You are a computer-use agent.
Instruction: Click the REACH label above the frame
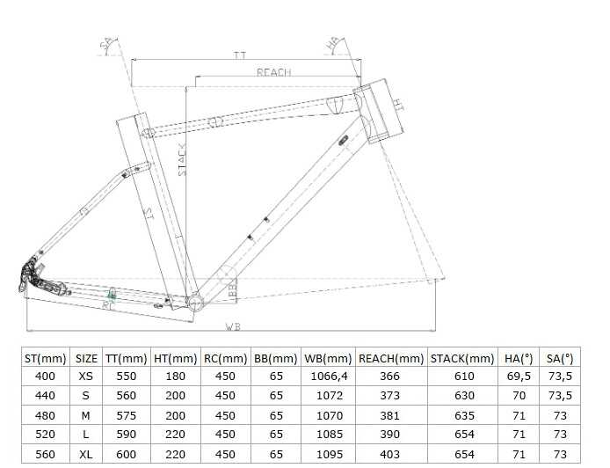click(273, 72)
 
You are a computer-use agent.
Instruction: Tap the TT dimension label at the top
click(239, 55)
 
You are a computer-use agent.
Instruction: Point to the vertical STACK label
click(182, 160)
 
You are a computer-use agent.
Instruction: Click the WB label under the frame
click(232, 326)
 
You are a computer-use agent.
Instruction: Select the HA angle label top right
click(332, 42)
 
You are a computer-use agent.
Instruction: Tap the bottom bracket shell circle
click(195, 304)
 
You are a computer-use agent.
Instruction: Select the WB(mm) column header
click(327, 358)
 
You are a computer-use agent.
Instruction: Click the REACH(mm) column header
click(391, 358)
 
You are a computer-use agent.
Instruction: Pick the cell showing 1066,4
click(327, 377)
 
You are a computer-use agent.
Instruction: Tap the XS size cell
click(86, 377)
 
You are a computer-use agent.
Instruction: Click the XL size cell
click(86, 454)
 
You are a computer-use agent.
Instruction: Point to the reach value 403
click(391, 454)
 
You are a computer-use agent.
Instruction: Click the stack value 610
click(463, 377)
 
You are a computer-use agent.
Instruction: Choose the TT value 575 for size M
click(126, 415)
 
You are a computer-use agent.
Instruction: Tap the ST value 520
click(45, 435)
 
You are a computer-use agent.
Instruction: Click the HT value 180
click(175, 377)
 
